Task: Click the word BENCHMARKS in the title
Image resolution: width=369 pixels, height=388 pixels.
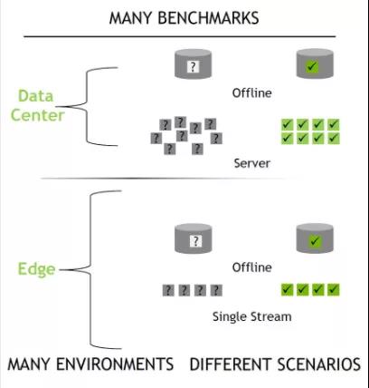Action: pos(208,18)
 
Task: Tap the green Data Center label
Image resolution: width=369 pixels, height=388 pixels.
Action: pos(38,105)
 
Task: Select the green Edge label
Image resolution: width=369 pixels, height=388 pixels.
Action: pos(37,269)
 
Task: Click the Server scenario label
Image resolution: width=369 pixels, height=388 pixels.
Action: pos(252,163)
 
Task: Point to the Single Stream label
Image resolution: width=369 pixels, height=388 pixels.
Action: pos(252,317)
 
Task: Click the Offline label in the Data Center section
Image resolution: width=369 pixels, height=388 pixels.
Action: pos(252,92)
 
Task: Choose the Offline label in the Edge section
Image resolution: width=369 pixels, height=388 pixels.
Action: pos(252,267)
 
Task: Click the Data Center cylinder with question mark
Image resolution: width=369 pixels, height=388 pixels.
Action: pos(194,64)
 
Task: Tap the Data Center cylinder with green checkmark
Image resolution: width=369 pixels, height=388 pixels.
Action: pos(315,64)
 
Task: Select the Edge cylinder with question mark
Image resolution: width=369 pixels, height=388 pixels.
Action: pos(194,238)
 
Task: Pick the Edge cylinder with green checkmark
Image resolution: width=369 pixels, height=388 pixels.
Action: pos(315,238)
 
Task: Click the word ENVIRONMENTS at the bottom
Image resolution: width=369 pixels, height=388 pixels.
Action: pos(115,364)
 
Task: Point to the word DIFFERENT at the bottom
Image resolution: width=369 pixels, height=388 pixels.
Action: pos(231,364)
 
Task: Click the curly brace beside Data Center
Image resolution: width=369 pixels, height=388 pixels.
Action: pos(87,106)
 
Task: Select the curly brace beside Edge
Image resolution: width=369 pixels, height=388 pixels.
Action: pos(90,269)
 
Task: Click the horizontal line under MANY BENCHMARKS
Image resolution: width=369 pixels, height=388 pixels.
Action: pos(180,36)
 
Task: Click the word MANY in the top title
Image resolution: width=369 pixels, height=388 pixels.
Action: pos(131,18)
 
